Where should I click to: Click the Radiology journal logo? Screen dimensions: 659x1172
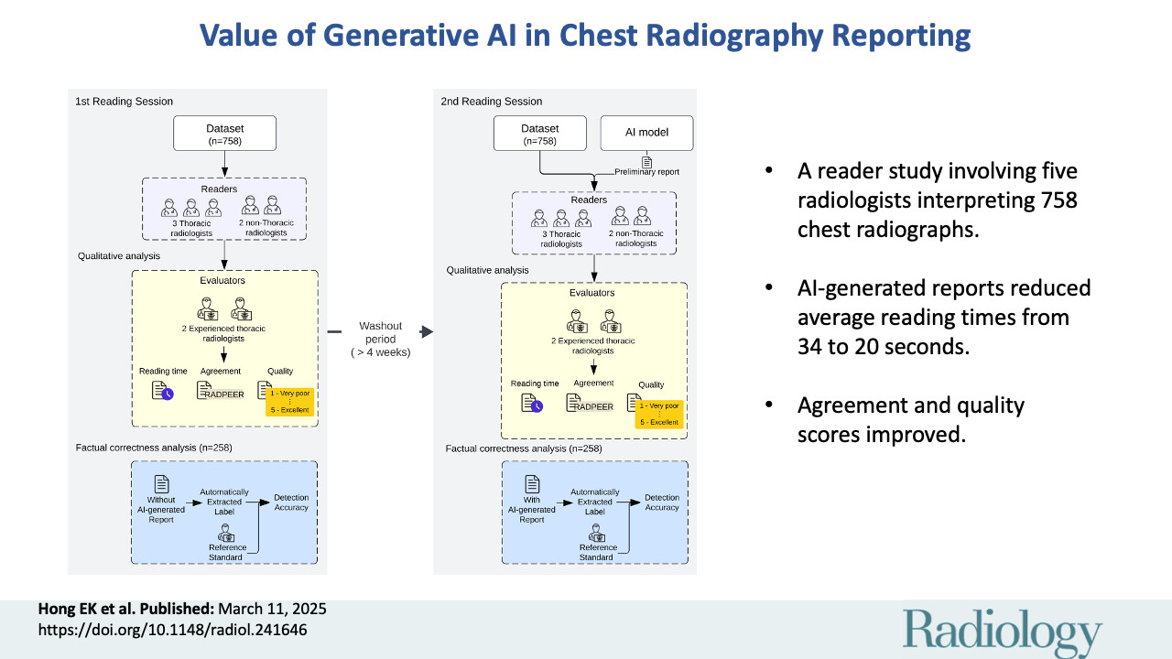click(x=1003, y=631)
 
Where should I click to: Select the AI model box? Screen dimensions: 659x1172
click(x=646, y=133)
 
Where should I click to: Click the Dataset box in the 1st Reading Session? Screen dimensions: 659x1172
click(x=224, y=133)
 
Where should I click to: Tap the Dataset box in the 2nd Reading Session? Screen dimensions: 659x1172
click(x=539, y=133)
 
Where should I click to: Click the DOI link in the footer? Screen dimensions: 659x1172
click(x=171, y=630)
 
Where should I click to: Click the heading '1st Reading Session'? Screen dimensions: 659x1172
click(x=124, y=101)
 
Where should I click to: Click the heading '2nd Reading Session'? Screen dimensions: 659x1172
click(x=491, y=101)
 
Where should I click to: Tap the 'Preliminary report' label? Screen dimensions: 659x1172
click(x=647, y=170)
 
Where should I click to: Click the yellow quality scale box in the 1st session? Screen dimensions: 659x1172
click(x=289, y=401)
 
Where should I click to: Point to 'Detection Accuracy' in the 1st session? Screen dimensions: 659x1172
click(x=291, y=502)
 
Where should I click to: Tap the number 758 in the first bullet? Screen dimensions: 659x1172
click(x=1050, y=200)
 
